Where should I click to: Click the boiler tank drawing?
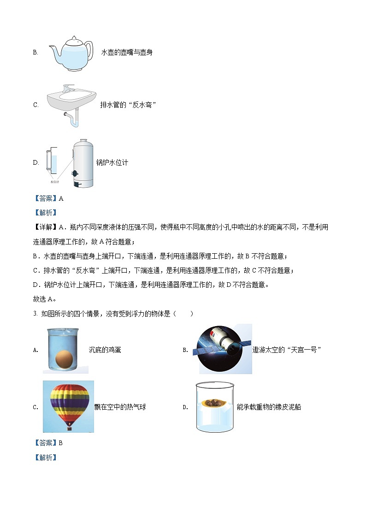(83, 163)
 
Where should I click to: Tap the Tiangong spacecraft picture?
(225, 349)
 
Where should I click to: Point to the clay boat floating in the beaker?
(213, 402)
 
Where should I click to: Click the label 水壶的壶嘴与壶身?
(127, 53)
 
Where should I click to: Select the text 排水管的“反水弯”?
(129, 105)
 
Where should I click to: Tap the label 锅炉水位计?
(112, 162)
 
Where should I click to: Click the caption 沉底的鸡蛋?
(105, 350)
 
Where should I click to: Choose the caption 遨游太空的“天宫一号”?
(287, 350)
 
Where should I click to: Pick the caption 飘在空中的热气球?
(120, 407)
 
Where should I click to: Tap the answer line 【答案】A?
(48, 199)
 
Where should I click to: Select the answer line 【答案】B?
(48, 443)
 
